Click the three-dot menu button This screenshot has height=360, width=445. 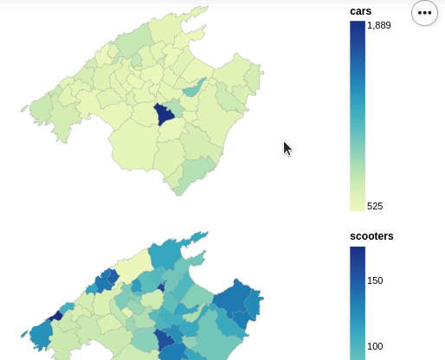click(x=424, y=13)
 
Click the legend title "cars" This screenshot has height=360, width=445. click(x=361, y=10)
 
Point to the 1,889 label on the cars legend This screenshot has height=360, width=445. click(x=379, y=25)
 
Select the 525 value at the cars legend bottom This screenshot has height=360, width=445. click(x=375, y=206)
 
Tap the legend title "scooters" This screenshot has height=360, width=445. click(x=371, y=235)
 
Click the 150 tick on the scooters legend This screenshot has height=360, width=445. click(x=375, y=280)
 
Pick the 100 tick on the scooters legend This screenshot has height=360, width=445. click(x=375, y=346)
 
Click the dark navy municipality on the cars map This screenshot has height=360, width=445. click(x=163, y=115)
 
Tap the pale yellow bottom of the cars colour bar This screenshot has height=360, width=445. click(x=357, y=203)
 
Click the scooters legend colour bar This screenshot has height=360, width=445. click(x=357, y=303)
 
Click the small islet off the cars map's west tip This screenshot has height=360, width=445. click(x=23, y=110)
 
